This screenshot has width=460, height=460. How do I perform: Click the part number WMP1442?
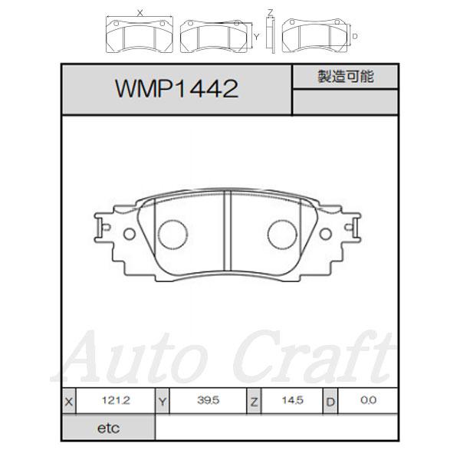tap(176, 90)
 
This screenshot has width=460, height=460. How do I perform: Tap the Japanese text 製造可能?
tap(345, 77)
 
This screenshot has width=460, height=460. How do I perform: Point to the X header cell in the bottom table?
tap(71, 401)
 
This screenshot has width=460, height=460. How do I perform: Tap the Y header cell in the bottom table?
tap(162, 401)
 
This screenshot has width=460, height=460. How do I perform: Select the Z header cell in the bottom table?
tap(254, 401)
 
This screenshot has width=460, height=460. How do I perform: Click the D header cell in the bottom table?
tap(330, 401)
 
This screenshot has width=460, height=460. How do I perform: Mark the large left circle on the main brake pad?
tap(172, 233)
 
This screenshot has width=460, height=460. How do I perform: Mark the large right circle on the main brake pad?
tap(281, 233)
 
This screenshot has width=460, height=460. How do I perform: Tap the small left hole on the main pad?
tap(130, 234)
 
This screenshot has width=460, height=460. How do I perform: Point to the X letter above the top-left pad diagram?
tap(139, 12)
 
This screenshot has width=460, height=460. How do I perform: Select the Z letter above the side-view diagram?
tap(270, 11)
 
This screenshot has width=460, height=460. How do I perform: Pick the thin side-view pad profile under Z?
tap(270, 34)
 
